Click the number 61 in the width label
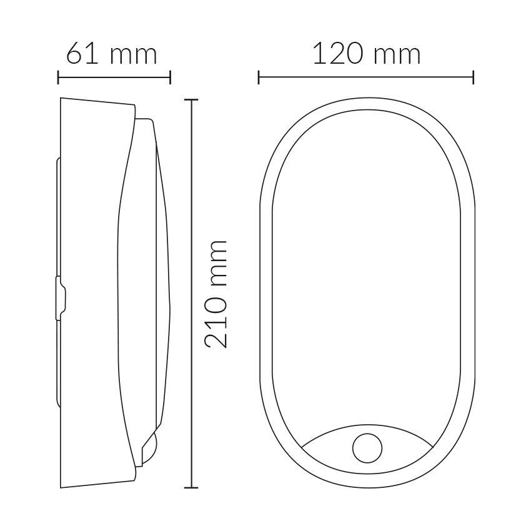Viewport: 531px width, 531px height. [82, 54]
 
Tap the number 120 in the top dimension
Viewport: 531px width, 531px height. [339, 54]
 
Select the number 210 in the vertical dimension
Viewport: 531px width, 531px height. [216, 322]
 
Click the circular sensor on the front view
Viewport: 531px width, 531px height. [367, 448]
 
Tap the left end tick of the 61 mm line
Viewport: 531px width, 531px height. [58, 77]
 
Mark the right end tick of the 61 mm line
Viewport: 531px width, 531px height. [170, 77]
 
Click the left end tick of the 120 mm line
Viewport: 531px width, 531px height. [259, 77]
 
